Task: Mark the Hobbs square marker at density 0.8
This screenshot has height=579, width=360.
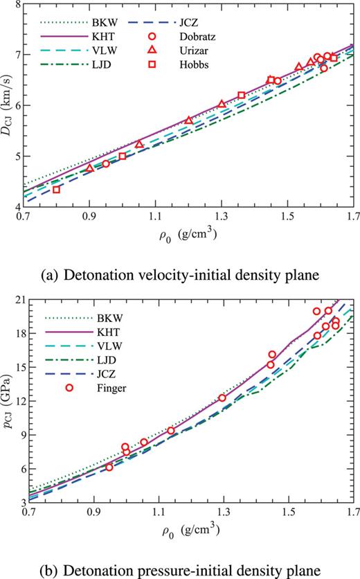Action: point(57,189)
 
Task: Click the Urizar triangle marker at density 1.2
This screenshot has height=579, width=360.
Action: point(188,121)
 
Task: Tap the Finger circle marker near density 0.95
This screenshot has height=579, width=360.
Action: point(109,467)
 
